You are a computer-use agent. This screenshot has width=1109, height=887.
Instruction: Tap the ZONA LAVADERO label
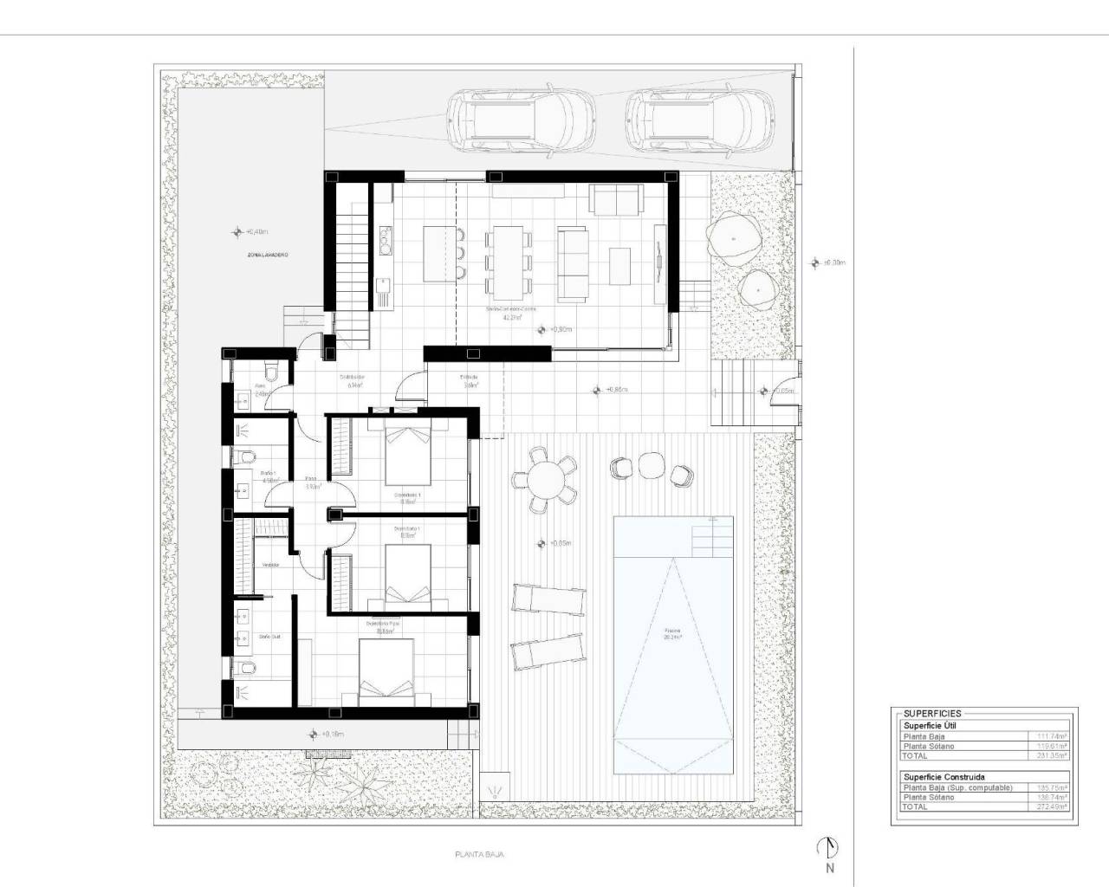[x=267, y=256]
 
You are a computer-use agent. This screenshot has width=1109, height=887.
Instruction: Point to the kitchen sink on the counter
[x=383, y=285]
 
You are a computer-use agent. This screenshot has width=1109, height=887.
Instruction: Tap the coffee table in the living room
[x=619, y=266]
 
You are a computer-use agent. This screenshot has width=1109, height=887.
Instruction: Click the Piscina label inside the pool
[x=672, y=632]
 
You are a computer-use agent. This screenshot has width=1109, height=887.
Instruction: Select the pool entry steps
[x=712, y=538]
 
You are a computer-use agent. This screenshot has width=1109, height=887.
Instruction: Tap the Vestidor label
[x=270, y=565]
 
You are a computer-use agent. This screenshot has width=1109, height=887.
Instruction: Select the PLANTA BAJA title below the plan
[x=479, y=854]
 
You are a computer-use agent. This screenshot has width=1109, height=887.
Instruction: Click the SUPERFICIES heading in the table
[x=932, y=714]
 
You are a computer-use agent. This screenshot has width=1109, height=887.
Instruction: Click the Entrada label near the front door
[x=469, y=378]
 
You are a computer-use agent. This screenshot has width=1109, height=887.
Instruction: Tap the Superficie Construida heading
[x=944, y=777]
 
